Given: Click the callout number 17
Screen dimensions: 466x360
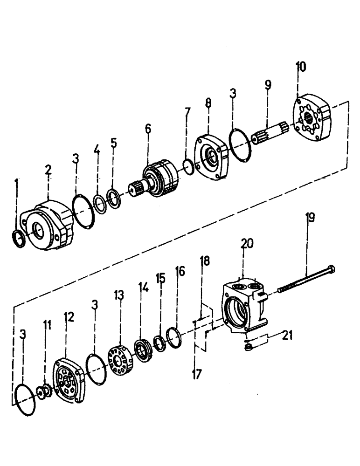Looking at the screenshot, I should click(x=197, y=374).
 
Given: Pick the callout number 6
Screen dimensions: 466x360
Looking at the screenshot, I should click(x=148, y=129).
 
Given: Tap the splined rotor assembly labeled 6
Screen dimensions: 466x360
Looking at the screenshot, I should click(x=156, y=182).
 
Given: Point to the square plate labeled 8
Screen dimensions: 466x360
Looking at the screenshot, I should click(x=212, y=156).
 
